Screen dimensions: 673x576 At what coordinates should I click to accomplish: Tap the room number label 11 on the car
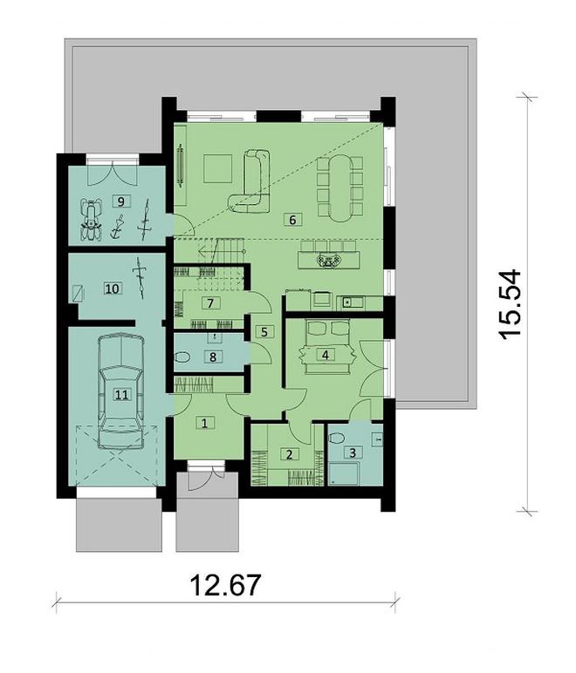tap(120, 394)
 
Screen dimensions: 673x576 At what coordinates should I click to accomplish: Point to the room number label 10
tap(112, 286)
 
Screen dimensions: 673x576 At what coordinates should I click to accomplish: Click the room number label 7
tap(209, 303)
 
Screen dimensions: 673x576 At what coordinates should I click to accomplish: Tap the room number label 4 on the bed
tap(326, 355)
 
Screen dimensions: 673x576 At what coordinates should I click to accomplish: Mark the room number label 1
tap(204, 424)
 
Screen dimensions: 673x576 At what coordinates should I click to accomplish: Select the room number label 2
tap(287, 453)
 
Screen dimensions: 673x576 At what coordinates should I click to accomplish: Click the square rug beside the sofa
tap(214, 167)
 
